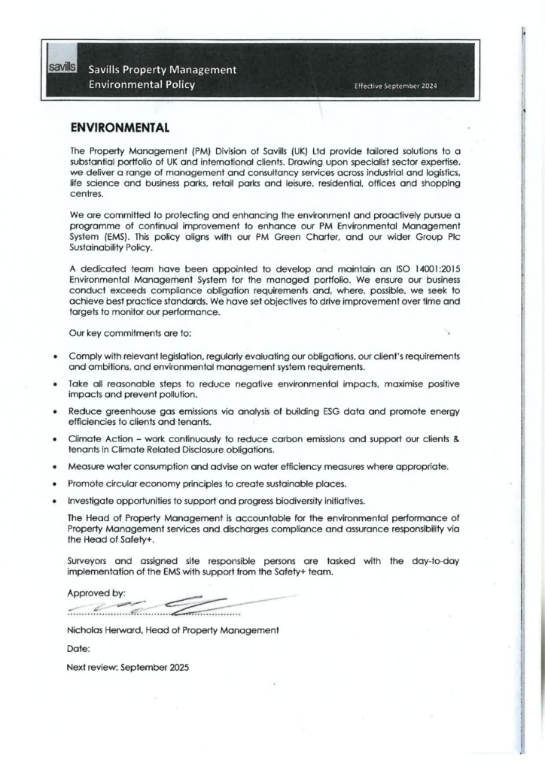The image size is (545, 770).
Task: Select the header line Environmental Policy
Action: pos(142,85)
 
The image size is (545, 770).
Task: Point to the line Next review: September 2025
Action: pos(129,665)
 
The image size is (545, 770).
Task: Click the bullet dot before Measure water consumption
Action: pos(56,467)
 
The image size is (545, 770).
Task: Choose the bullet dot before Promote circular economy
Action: pos(56,484)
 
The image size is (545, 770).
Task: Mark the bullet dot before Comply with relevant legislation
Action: pos(56,356)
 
